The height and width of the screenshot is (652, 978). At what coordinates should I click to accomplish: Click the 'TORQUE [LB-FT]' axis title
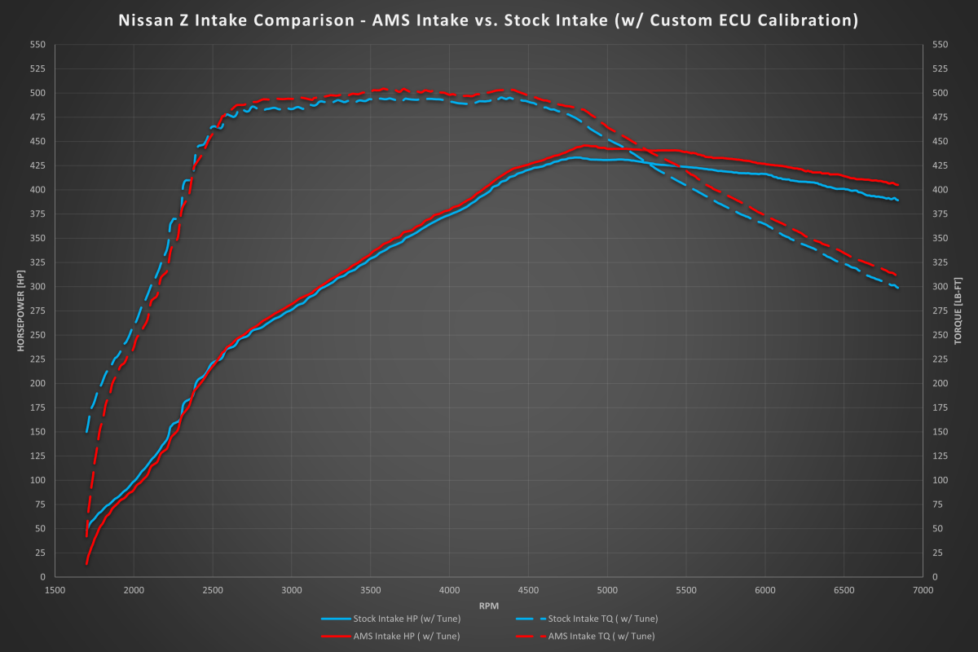coord(958,310)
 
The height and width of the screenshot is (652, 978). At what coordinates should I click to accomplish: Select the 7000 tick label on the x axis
coord(923,589)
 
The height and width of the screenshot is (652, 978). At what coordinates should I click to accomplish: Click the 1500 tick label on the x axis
coord(55,589)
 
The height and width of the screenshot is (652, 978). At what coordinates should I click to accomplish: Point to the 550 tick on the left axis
coord(38,45)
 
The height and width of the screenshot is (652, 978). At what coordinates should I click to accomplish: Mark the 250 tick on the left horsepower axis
coord(38,335)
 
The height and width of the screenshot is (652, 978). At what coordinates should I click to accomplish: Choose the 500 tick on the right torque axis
coord(940,93)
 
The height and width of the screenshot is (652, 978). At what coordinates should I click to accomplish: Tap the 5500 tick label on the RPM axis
coord(686,589)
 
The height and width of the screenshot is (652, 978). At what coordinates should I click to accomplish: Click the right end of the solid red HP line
coord(898,185)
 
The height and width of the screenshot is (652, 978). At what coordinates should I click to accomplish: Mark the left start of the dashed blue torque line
coord(86,432)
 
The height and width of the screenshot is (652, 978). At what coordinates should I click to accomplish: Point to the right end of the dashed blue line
coord(898,288)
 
